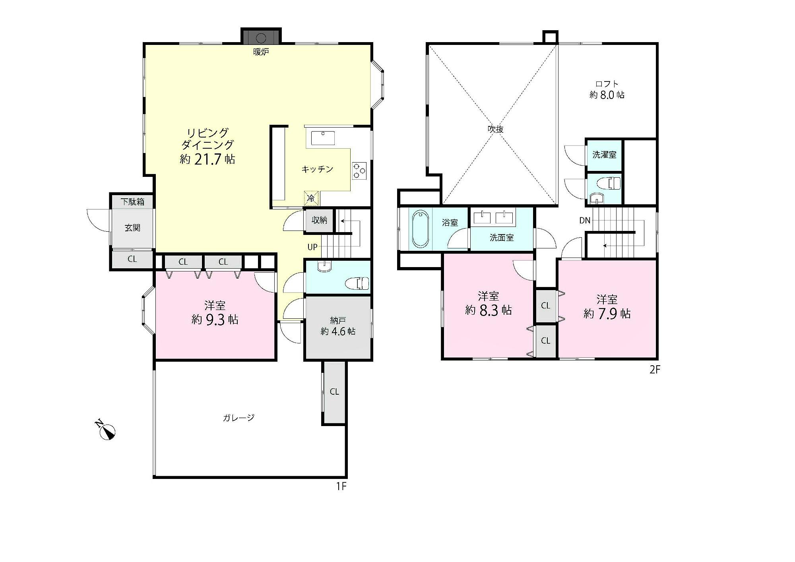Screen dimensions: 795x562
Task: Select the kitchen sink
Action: (323, 138)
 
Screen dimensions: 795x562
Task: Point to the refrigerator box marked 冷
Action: (311, 198)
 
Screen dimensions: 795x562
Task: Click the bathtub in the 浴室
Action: (421, 229)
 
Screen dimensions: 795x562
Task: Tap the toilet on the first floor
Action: (357, 283)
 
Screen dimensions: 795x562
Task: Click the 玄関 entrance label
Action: (132, 228)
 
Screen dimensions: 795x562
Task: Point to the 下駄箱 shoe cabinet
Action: (132, 202)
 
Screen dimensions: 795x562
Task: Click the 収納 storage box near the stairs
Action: (319, 220)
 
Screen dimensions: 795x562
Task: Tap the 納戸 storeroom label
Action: (338, 320)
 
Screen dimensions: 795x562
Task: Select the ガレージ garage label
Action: (238, 417)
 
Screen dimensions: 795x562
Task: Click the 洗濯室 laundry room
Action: (604, 155)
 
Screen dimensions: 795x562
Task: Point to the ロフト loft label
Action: (607, 84)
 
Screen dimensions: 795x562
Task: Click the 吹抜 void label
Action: (496, 129)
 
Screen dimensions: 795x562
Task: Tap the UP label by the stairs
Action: (312, 247)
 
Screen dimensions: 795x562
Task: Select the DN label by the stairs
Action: (585, 220)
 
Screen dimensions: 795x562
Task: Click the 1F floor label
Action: (341, 486)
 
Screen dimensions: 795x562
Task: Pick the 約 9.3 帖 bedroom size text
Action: (215, 319)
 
